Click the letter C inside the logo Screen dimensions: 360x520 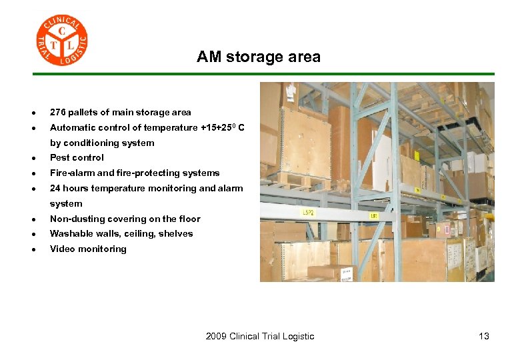coord(62,31)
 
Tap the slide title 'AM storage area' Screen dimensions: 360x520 coord(258,57)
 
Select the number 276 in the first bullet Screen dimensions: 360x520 coord(58,112)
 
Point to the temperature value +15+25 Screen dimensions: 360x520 coord(219,127)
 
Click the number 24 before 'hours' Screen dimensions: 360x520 coord(55,189)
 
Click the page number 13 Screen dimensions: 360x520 coord(483,336)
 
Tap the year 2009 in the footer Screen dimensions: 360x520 coord(216,336)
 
